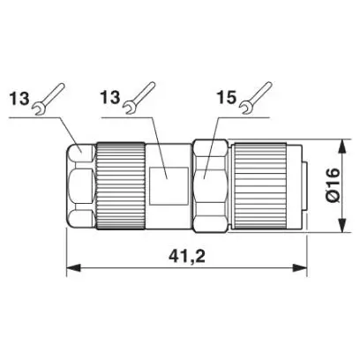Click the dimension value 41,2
click(187, 256)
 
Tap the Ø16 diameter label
click(334, 185)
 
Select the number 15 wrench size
click(227, 97)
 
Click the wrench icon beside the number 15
click(255, 98)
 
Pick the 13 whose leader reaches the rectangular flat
click(111, 97)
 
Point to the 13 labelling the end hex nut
click(19, 98)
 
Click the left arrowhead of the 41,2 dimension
click(73, 268)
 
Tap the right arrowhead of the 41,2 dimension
click(300, 268)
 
